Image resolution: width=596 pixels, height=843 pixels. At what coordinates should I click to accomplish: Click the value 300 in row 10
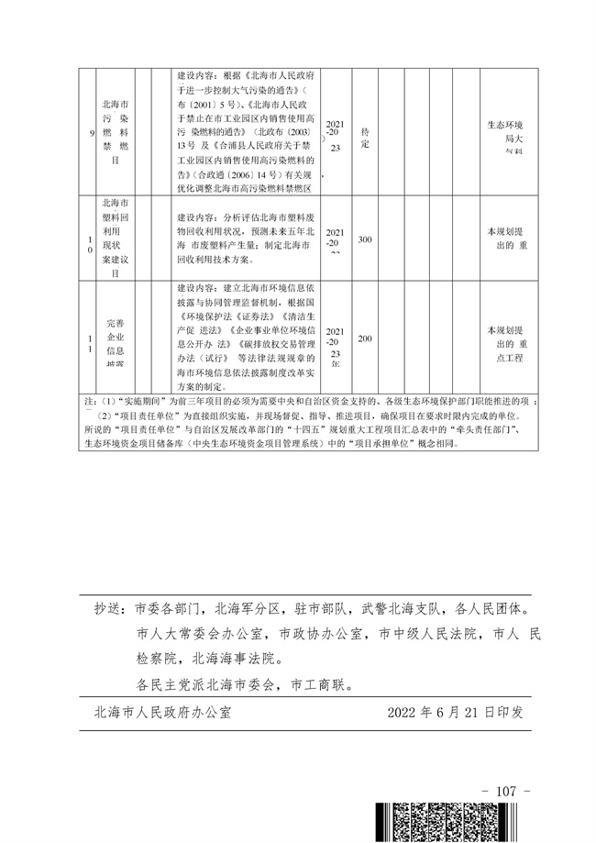click(365, 239)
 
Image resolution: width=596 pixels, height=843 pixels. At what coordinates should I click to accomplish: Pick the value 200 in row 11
click(365, 338)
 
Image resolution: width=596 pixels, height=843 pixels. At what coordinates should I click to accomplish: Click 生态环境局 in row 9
click(504, 132)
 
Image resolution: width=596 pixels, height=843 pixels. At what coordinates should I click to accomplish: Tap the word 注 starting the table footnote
click(88, 402)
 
